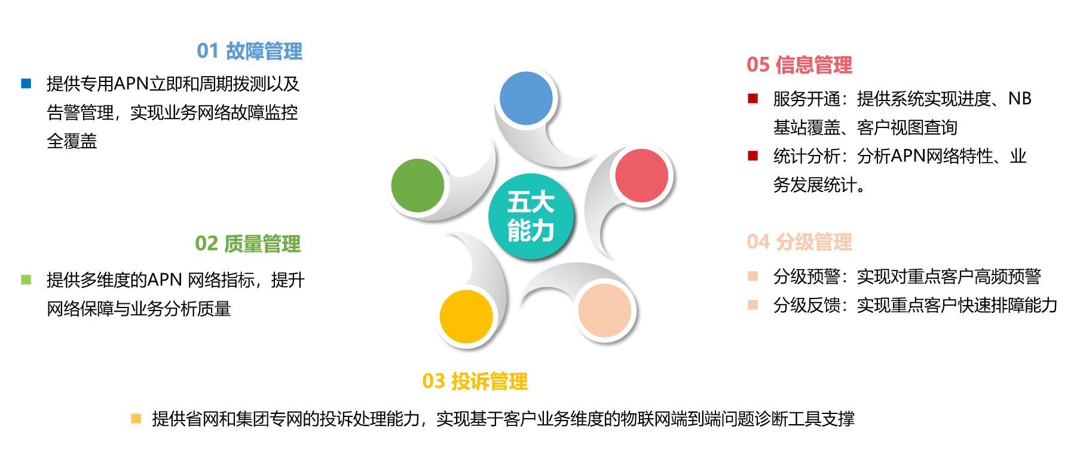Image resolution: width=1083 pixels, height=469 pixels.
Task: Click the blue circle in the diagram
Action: click(526, 98)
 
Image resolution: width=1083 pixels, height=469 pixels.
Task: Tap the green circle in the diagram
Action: click(418, 185)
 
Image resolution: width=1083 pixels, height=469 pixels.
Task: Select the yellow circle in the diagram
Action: click(466, 316)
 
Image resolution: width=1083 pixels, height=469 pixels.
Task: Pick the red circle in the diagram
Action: click(642, 175)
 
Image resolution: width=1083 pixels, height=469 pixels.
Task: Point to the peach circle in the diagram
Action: click(605, 310)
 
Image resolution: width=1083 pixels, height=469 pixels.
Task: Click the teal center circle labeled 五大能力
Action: click(531, 217)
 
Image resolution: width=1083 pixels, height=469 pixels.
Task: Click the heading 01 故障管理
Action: click(250, 51)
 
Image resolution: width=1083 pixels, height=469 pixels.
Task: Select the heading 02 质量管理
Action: click(248, 244)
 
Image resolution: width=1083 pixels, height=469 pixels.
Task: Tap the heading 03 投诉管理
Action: click(475, 382)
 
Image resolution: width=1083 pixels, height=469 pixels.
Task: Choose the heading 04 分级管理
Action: click(800, 242)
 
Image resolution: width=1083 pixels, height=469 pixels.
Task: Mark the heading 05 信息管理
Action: click(800, 65)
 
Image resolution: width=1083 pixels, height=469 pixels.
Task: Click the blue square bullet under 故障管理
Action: click(26, 84)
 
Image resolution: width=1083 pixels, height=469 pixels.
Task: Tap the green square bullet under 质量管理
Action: click(26, 280)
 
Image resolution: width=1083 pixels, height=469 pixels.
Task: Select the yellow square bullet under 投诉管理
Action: click(136, 419)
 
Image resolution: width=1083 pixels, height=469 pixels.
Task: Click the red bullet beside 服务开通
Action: click(753, 99)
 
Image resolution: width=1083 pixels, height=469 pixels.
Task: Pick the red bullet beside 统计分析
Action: click(753, 156)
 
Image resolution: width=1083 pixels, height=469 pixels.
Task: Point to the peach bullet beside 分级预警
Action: click(753, 276)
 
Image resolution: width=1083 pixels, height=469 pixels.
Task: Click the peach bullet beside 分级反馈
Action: click(753, 305)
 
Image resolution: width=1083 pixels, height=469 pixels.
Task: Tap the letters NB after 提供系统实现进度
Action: click(1020, 99)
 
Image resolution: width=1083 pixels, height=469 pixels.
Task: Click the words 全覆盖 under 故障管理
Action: click(72, 141)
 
